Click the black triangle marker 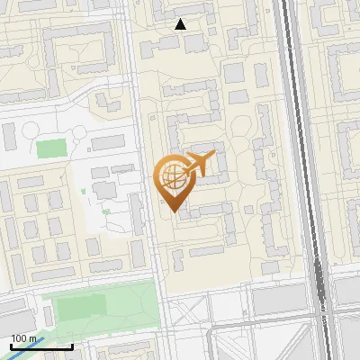[181, 24]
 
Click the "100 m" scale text [24, 338]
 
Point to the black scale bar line [41, 346]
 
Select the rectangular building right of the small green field [108, 142]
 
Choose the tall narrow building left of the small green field [9, 138]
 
